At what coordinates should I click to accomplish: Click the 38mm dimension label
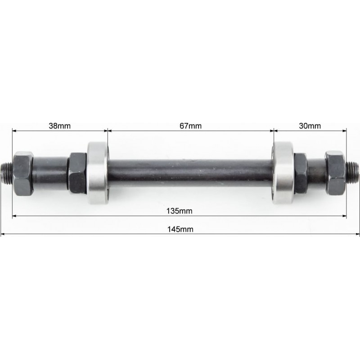(x=60, y=126)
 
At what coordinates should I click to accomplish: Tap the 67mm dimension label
(x=190, y=126)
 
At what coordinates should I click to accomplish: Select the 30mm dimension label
(x=310, y=126)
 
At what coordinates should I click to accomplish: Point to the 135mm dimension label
(x=179, y=211)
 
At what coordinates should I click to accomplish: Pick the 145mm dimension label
(x=180, y=229)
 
